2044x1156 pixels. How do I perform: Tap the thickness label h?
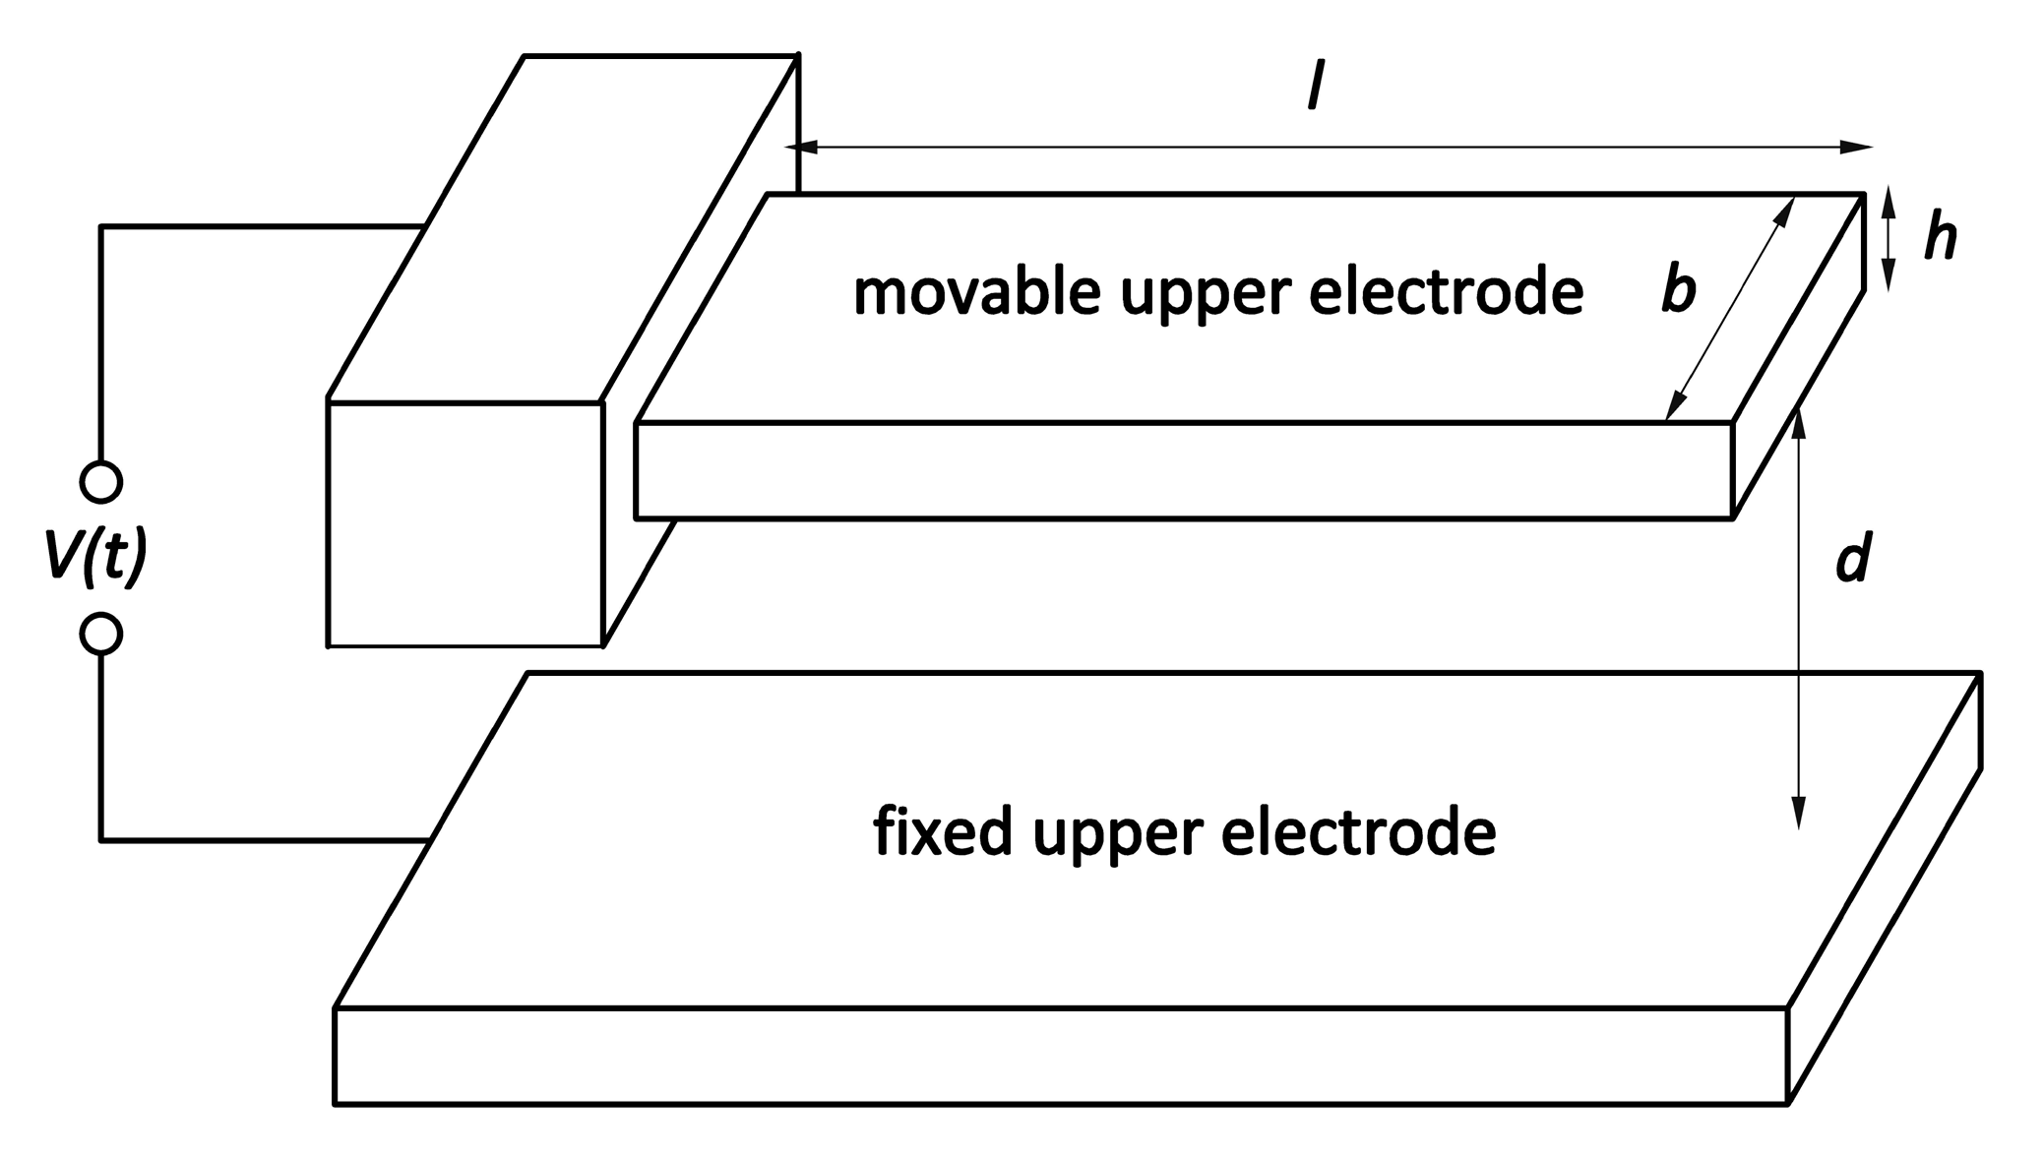[x=1940, y=239]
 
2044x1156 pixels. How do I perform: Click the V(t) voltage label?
[x=95, y=558]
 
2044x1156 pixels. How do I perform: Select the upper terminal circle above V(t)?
[x=101, y=482]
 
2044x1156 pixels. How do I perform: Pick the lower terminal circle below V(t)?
[x=101, y=634]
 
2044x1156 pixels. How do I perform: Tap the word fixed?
[x=942, y=832]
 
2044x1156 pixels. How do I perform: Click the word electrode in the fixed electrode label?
[x=1358, y=832]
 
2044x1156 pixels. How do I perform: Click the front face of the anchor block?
[x=465, y=523]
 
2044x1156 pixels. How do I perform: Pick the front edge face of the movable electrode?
[x=1181, y=470]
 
